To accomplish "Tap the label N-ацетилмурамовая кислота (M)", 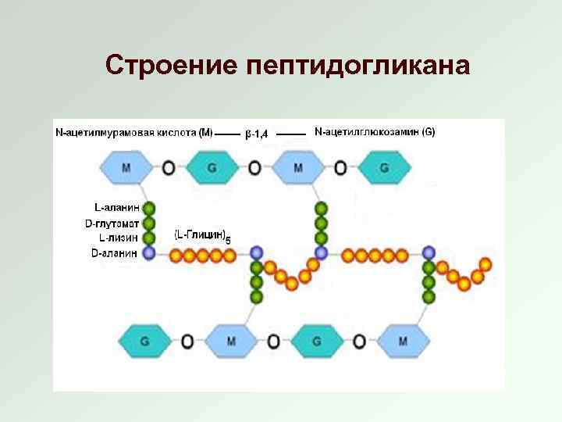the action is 133,132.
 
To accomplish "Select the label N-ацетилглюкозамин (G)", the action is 375,131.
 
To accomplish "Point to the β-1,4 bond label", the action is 256,134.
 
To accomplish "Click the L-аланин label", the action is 116,208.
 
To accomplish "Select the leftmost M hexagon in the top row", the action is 126,166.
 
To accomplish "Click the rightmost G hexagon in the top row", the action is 383,166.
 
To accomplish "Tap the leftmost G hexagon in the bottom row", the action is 145,342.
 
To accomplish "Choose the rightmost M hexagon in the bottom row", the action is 403,342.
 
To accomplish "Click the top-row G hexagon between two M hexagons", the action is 212,166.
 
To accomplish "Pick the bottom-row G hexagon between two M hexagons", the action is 317,342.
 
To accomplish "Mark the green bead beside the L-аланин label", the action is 150,208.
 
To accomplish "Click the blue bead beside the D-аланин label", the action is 150,252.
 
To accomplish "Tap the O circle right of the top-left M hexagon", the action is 169,166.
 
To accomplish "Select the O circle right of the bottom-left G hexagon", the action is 188,342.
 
